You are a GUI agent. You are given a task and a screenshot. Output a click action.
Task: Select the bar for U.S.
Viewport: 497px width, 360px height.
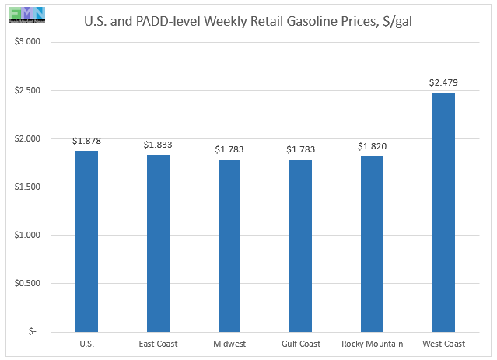coord(86,241)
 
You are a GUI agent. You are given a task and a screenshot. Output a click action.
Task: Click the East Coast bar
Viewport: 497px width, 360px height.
coord(158,243)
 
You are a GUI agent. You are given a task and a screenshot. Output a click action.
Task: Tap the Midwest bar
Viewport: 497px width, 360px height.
coord(229,246)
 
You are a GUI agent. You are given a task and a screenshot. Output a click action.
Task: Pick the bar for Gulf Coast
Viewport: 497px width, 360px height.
coord(300,246)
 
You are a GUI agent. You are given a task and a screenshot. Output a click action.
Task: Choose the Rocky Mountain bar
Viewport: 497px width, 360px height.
coord(372,243)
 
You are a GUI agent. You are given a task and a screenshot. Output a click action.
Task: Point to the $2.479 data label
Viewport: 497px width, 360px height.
coord(443,82)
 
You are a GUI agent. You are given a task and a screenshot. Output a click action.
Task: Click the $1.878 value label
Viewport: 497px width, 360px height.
coord(86,141)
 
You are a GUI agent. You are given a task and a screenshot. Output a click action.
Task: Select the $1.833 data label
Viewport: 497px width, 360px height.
coord(158,145)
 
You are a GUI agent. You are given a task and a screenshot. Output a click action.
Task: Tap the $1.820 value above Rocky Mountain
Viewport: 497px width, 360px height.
coord(372,146)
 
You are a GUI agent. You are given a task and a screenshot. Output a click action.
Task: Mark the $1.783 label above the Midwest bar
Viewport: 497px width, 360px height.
coord(229,149)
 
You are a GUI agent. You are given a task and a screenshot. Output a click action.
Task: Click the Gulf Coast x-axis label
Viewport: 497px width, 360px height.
coord(300,343)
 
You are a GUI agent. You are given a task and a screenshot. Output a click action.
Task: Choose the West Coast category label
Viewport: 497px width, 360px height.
coord(443,343)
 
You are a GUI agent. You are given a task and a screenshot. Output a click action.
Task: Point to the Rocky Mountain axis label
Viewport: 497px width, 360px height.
coord(372,343)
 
